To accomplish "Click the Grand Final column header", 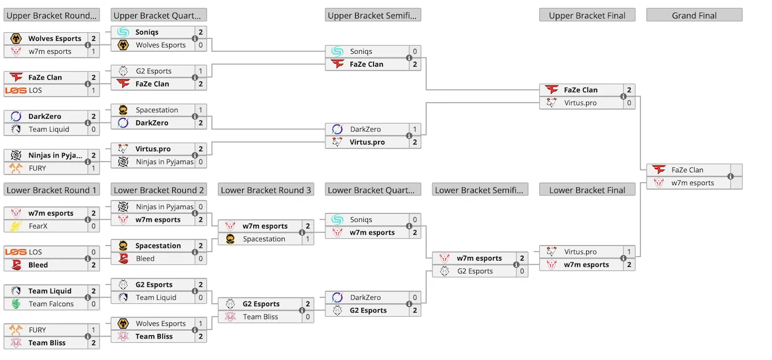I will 694,15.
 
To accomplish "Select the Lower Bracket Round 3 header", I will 266,190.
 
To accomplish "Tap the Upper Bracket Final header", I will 587,15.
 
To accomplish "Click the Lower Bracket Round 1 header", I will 51,190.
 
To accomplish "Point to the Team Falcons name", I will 51,304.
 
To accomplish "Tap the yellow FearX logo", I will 16,226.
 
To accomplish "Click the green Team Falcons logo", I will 16,304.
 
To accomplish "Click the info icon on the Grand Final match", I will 731,176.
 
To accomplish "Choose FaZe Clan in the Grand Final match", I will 687,170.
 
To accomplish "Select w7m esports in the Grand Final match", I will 692,183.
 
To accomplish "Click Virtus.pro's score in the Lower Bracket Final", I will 629,252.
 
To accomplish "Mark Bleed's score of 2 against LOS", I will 93,265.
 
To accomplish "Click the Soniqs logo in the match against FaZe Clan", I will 337,51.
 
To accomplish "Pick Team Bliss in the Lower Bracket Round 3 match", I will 260,317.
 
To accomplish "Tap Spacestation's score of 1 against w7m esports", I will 308,239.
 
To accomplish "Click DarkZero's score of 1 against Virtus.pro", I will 414,129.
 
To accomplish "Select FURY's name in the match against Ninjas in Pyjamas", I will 37,168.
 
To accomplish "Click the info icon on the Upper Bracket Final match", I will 623,96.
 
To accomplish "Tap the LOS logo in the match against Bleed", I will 16,252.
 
